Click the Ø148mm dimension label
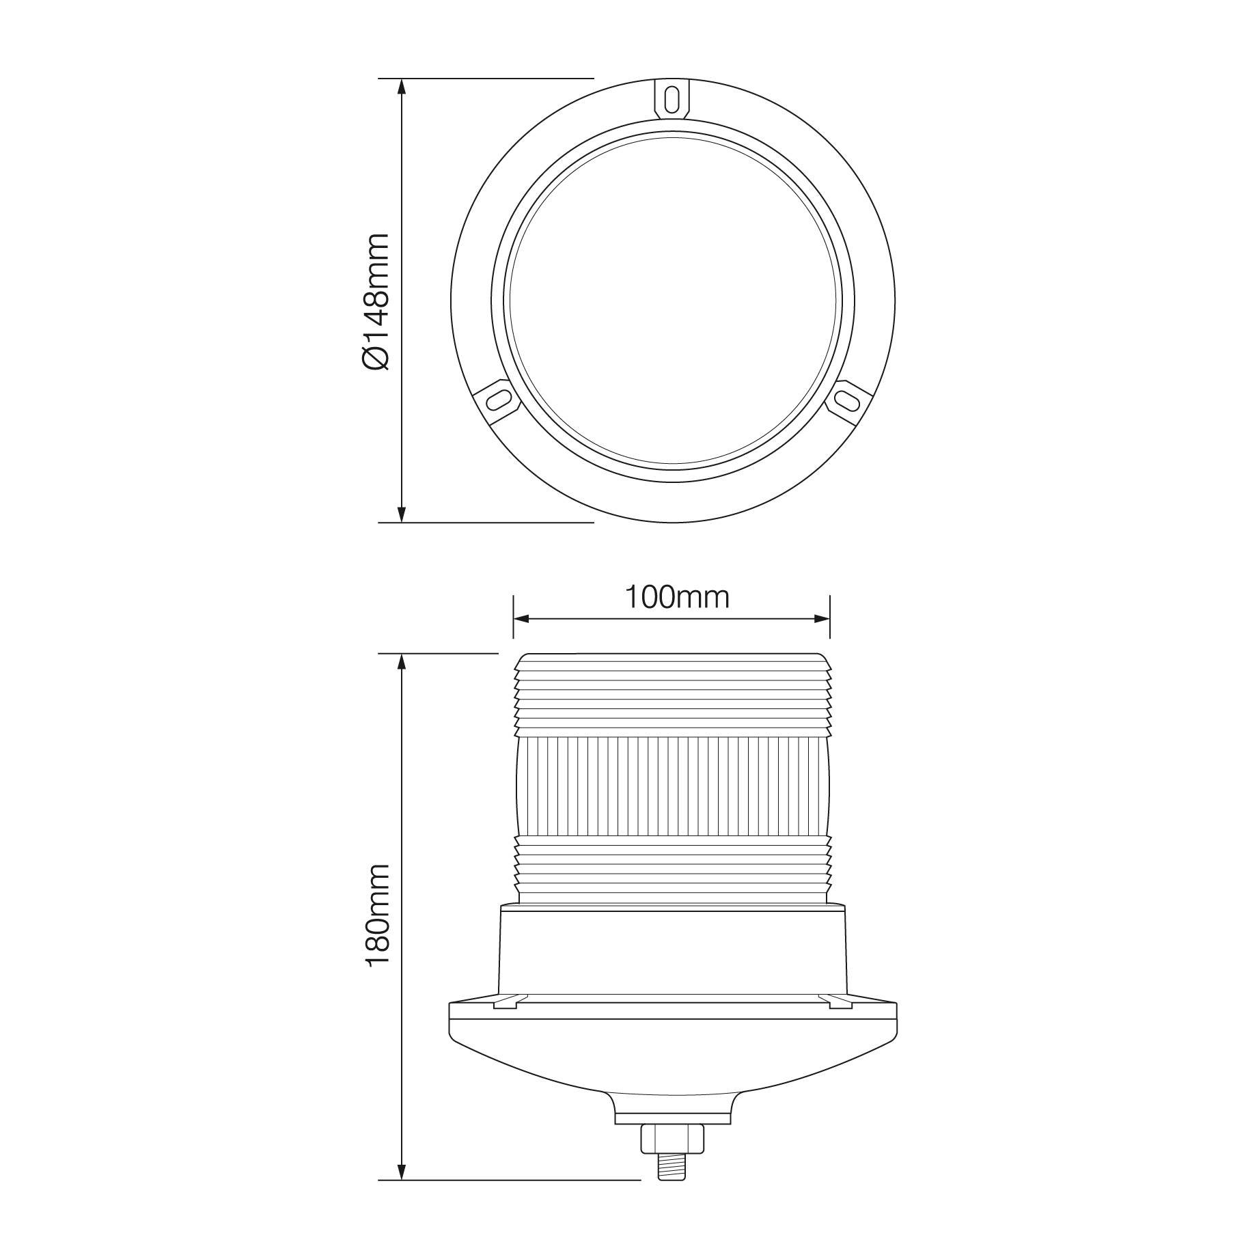(376, 302)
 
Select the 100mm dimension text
(678, 597)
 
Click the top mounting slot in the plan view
(672, 98)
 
